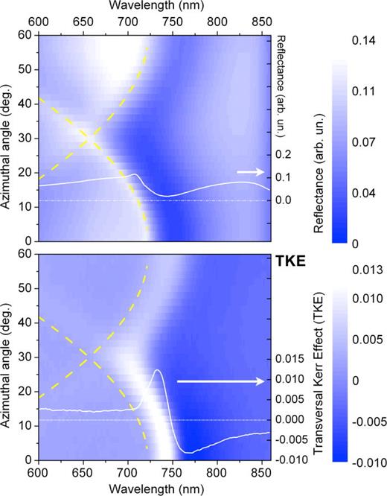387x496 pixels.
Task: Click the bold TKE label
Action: pyautogui.click(x=292, y=261)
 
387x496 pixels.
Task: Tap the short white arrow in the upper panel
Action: pyautogui.click(x=249, y=172)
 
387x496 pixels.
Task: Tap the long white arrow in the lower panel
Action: pyautogui.click(x=220, y=381)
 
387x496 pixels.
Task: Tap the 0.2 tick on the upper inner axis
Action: pyautogui.click(x=284, y=156)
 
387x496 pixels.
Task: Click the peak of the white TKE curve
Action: pyautogui.click(x=158, y=370)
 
